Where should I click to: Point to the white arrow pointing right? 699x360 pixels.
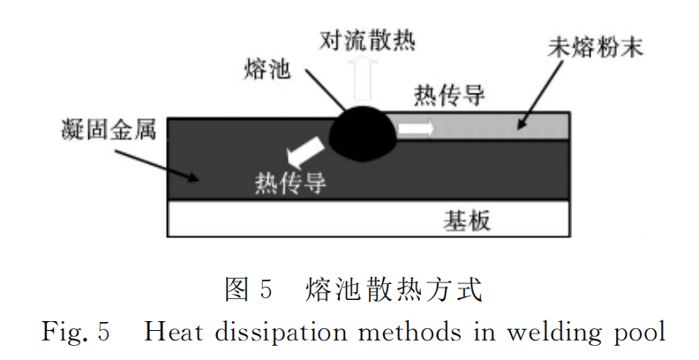tap(416, 129)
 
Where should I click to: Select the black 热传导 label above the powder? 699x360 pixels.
tap(449, 95)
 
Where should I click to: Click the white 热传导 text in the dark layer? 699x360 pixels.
tap(290, 183)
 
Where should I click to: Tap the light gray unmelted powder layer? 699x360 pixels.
tap(494, 129)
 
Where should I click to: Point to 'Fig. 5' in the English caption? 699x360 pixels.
tap(75, 333)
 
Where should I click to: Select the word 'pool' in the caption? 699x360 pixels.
tap(634, 333)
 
